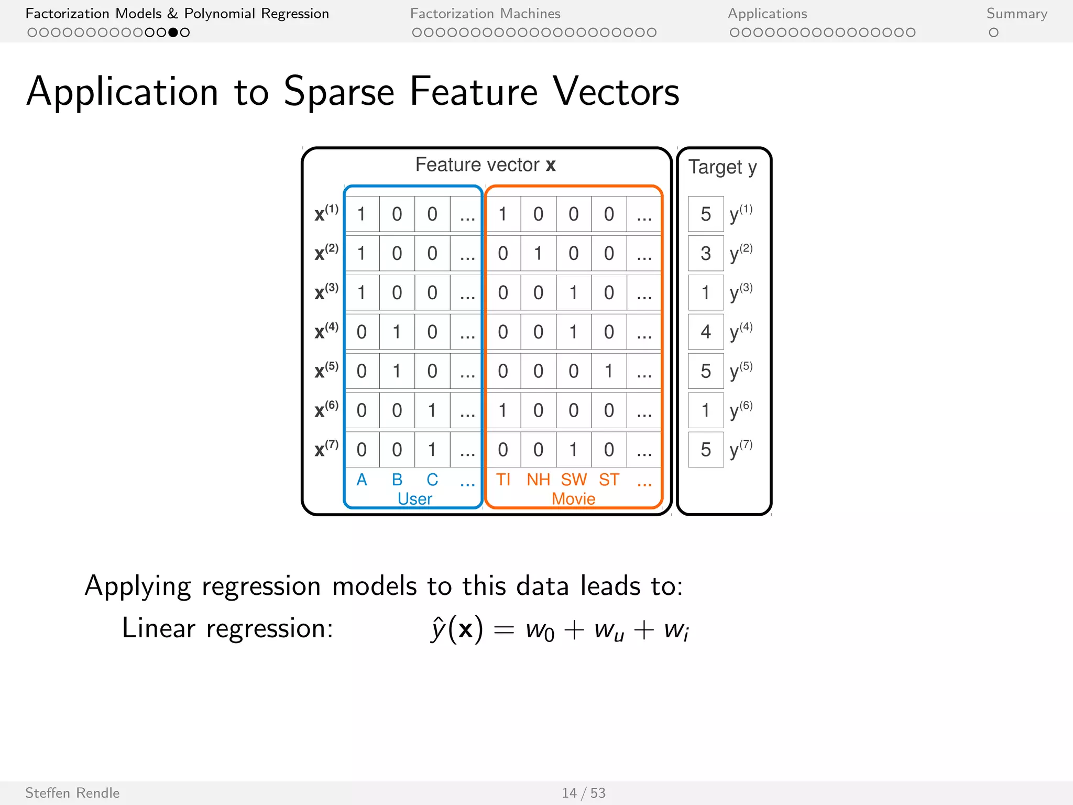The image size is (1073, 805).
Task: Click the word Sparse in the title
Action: click(338, 92)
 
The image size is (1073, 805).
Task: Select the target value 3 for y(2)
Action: click(705, 254)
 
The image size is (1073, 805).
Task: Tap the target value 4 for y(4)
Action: click(705, 332)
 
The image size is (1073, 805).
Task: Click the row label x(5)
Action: click(326, 371)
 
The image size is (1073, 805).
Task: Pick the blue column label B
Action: click(397, 480)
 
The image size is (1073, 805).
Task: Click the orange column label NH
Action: click(538, 480)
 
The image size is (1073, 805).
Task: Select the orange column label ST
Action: click(609, 480)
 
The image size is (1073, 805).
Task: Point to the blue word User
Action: click(414, 498)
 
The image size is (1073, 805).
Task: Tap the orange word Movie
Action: click(573, 498)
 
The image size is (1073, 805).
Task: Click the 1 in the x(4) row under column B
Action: click(397, 332)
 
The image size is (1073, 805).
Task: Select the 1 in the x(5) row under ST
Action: click(609, 371)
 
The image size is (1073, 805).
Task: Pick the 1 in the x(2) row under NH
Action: click(538, 254)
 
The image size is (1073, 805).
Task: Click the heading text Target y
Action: click(722, 167)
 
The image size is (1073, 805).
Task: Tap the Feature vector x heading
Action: click(485, 165)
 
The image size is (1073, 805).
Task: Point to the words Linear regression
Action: click(227, 628)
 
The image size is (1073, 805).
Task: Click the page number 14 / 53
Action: click(583, 793)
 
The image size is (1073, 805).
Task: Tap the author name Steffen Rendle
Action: click(72, 793)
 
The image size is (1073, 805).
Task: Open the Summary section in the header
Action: click(1016, 14)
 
